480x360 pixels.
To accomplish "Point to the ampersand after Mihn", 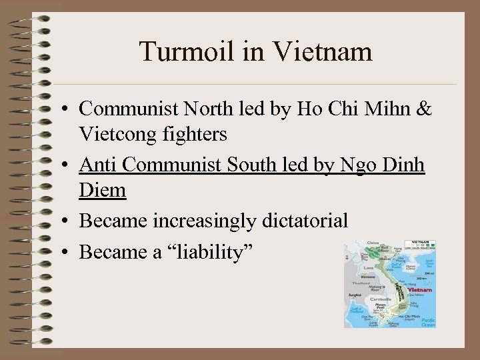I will coord(424,108).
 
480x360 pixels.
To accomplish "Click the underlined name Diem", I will coord(102,191).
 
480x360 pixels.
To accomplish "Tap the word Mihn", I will coord(385,108).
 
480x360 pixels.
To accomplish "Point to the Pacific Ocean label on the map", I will coord(426,321).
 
